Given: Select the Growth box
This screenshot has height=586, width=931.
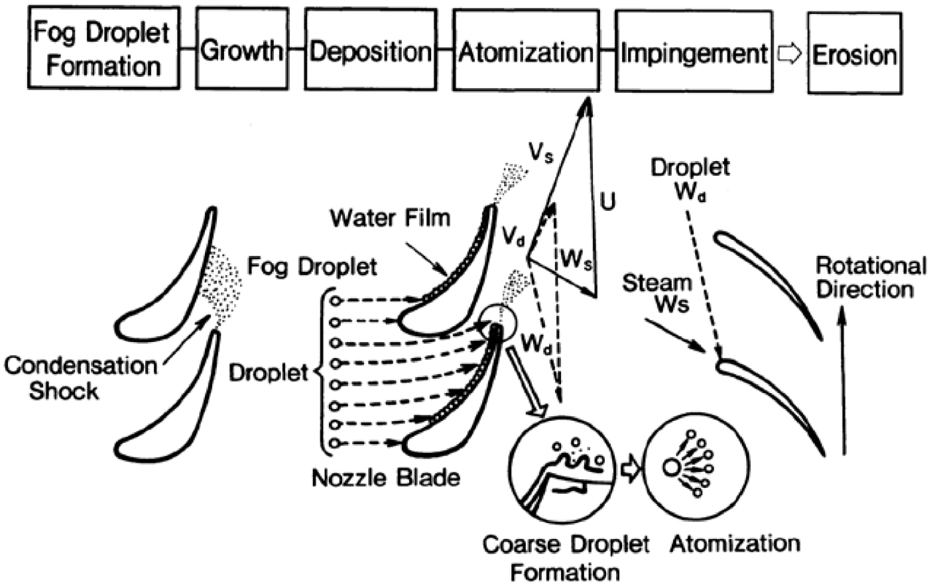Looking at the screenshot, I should [241, 50].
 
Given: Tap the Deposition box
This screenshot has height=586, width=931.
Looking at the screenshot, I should [370, 50].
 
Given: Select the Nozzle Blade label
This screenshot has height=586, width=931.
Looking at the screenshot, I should [385, 477].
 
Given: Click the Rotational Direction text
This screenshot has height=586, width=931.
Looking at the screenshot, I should [870, 277].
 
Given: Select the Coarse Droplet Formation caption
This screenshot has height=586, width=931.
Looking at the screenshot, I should [565, 557].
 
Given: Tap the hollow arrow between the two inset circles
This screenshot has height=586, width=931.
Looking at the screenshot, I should [629, 468].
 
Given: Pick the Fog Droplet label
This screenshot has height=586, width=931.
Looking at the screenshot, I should [312, 266].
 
